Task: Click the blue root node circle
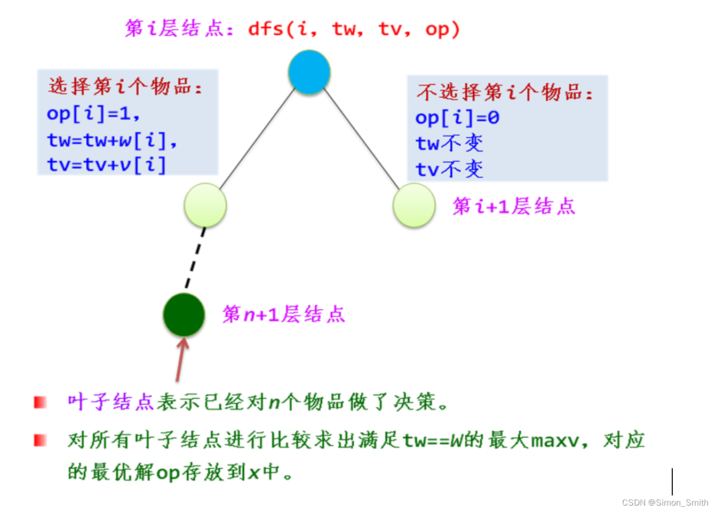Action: click(x=309, y=72)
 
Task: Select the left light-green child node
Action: click(x=205, y=205)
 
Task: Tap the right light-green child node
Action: click(x=414, y=205)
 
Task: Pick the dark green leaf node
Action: click(x=184, y=314)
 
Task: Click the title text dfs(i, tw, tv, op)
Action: click(x=353, y=29)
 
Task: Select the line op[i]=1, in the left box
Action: click(x=93, y=113)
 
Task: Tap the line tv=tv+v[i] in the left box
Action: click(x=107, y=165)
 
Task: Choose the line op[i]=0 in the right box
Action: click(x=457, y=117)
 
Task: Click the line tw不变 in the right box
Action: click(x=449, y=143)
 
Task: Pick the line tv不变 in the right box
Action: click(x=449, y=169)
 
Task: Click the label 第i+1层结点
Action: click(x=514, y=206)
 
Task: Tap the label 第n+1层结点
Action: click(x=284, y=314)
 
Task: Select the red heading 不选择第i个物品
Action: click(x=504, y=92)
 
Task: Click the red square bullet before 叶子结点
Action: click(x=41, y=402)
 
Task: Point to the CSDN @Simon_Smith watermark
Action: click(x=665, y=502)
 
